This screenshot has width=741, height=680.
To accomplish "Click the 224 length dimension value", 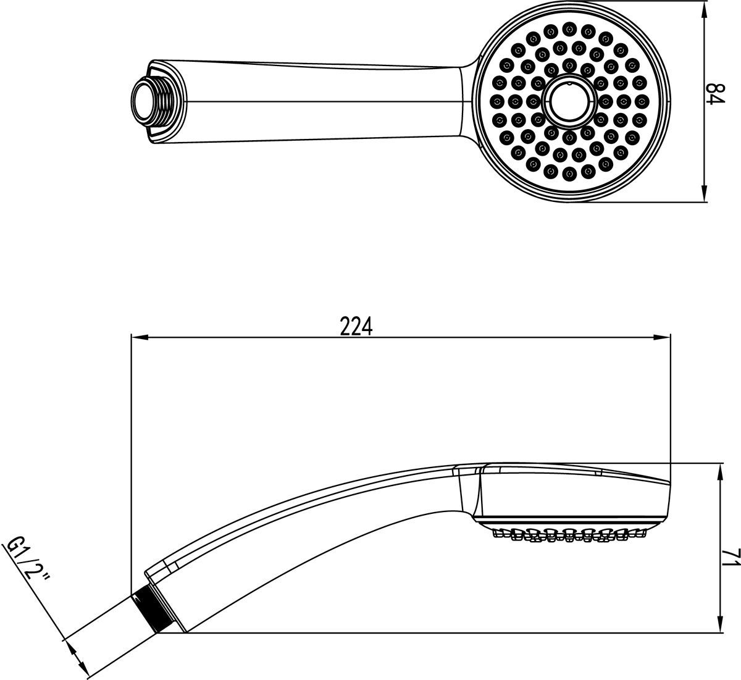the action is (356, 326).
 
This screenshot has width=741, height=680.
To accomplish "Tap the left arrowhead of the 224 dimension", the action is (140, 337).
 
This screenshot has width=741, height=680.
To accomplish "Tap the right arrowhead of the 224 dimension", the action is (662, 337).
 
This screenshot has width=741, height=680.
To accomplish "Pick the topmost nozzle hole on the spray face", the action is (569, 29).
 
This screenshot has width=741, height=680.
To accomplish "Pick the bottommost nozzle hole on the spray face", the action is (569, 173).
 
